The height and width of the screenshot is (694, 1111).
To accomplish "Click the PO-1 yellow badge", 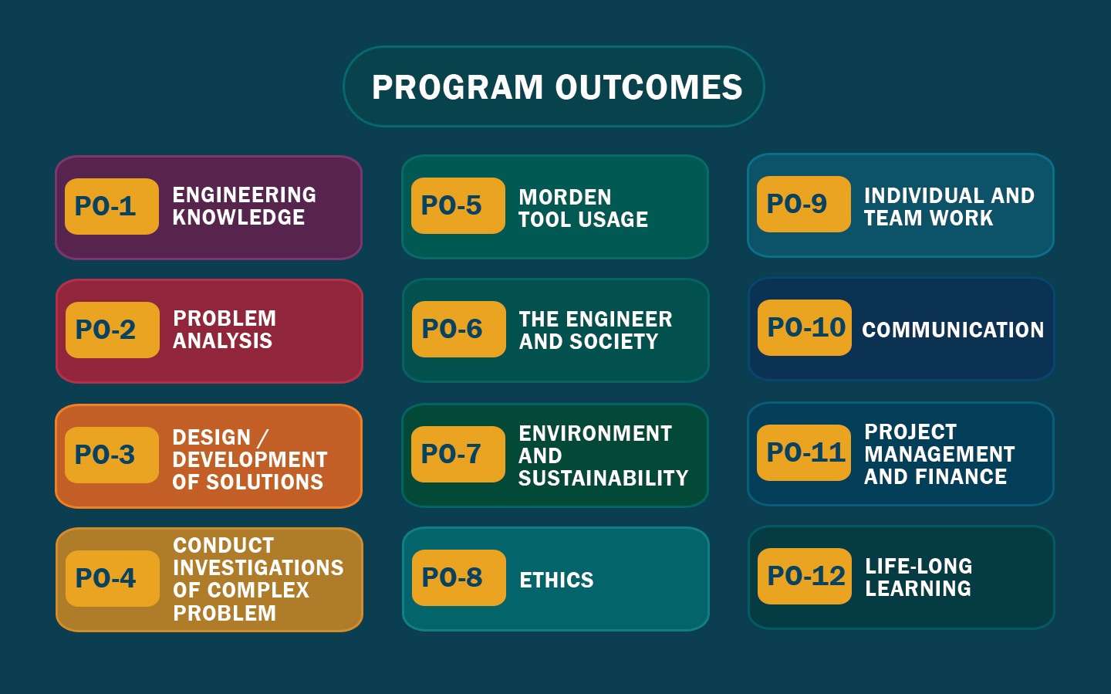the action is pos(112,206).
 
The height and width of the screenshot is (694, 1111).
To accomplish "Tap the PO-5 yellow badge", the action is pos(458,205).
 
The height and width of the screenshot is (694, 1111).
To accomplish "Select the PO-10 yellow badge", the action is pos(804,327).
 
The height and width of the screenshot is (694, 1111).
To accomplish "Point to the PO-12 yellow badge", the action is pos(804,576).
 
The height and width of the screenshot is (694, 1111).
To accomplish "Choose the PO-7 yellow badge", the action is pos(458,454).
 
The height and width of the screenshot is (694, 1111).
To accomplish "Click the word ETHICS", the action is pos(556,580).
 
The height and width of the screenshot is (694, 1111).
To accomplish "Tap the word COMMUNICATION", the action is pos(953,330).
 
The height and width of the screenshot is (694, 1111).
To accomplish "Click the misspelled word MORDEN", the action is pos(565,197).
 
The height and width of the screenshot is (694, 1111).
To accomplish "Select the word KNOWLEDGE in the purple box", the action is pos(238,218).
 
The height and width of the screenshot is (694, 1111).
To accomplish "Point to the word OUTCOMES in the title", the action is pos(649,87).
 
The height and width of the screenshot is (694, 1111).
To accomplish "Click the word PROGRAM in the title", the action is pos(458,87).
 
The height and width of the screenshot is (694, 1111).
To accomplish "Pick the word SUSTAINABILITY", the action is pos(603,478).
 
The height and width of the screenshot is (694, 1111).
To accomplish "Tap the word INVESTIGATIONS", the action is pos(258,567).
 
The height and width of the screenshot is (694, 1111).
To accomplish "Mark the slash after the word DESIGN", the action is pos(263,438).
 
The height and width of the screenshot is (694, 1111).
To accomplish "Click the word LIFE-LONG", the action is pos(919,566).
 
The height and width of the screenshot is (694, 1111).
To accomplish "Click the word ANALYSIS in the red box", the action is pos(222,340).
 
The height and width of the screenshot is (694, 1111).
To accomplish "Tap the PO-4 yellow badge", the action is pos(112,578).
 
